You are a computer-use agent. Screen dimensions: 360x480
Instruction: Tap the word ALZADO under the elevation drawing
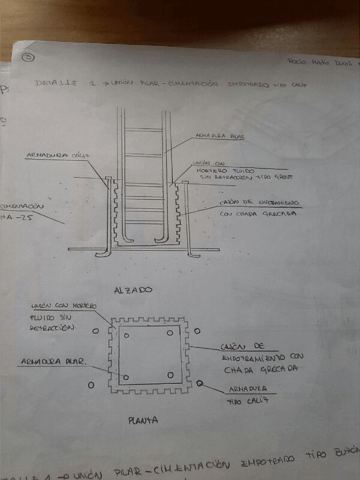[x=133, y=290]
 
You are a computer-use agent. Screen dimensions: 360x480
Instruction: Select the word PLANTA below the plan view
[x=143, y=421]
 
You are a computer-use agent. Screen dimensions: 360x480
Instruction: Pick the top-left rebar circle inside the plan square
[x=126, y=335]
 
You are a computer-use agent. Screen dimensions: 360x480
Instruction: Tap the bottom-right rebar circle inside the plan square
[x=170, y=375]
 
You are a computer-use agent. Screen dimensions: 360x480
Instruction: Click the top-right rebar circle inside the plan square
[x=170, y=333]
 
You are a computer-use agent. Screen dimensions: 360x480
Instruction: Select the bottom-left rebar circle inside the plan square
[x=127, y=377]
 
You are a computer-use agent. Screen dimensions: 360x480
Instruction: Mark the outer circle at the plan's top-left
[x=95, y=331]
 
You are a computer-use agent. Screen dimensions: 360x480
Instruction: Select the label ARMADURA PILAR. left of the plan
[x=53, y=362]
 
